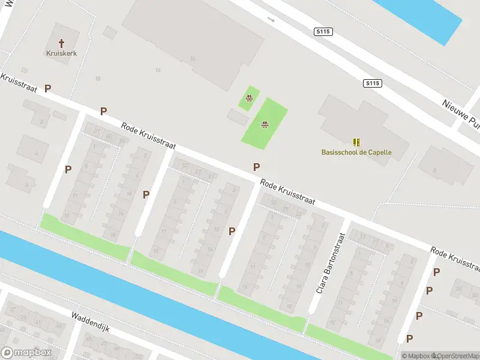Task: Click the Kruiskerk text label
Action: [x=61, y=53]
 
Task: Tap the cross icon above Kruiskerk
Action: [x=61, y=43]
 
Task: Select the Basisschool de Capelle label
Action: [x=356, y=152]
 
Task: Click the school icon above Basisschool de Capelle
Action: [x=357, y=142]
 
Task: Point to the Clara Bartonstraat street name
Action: [x=328, y=262]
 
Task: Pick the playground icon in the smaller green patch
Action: [x=249, y=98]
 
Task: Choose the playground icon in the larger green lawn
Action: [x=264, y=125]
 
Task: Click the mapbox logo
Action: [x=26, y=352]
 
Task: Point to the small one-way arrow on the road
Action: [x=271, y=20]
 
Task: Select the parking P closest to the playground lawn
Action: [x=257, y=167]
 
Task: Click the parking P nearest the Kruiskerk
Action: [x=47, y=88]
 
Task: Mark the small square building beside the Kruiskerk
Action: [x=110, y=31]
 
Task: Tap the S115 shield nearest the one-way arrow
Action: [x=323, y=31]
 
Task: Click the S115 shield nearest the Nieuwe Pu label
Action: [x=372, y=84]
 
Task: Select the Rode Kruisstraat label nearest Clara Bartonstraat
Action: [x=287, y=193]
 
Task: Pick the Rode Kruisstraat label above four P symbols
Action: [x=455, y=257]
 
